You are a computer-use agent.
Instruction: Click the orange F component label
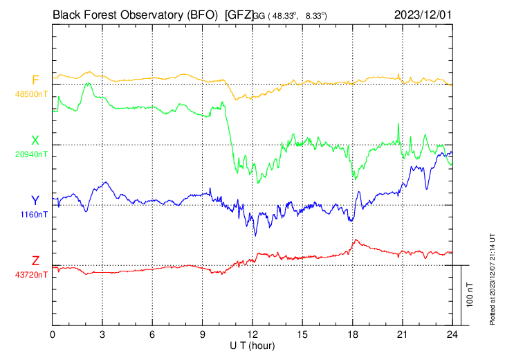tap(35, 80)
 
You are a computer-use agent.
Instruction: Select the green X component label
tap(35, 141)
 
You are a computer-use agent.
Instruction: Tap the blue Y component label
tap(35, 201)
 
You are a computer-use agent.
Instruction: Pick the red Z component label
tap(35, 261)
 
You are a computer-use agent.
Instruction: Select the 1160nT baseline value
tap(33, 215)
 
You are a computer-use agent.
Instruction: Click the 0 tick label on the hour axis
tap(53, 334)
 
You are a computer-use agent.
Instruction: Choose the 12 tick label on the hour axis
tap(252, 334)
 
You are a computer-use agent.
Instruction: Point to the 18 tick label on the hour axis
tap(352, 334)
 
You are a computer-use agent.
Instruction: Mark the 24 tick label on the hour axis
tap(452, 334)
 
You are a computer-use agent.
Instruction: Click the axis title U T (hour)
tap(252, 345)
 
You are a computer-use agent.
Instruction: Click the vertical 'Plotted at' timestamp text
tap(493, 278)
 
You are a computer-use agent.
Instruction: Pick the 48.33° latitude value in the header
tap(284, 14)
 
